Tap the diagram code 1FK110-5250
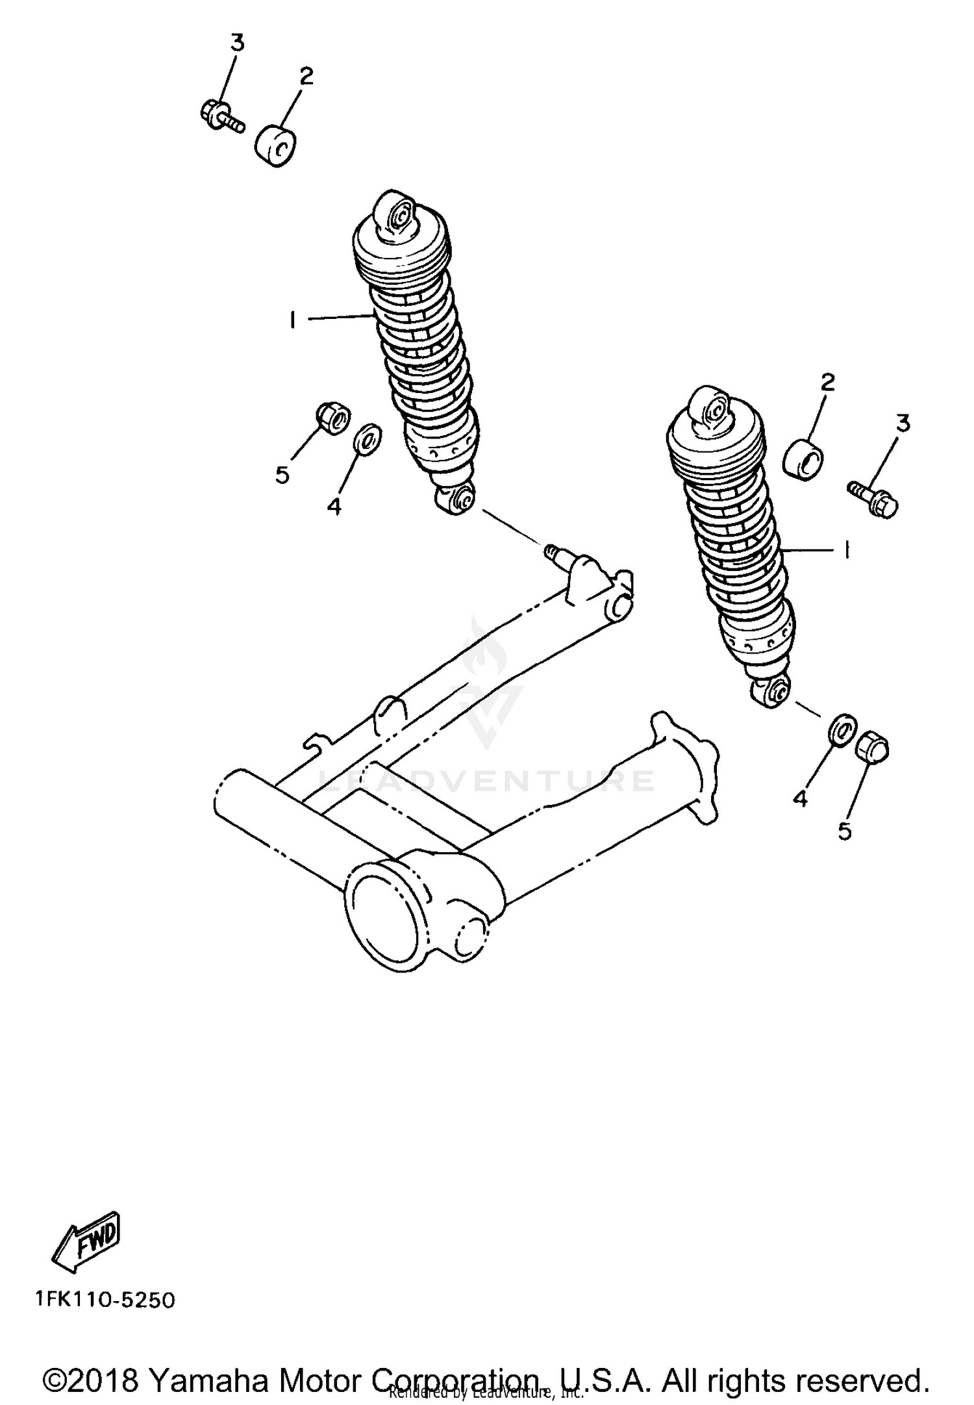tap(106, 1301)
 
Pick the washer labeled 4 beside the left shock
tap(368, 438)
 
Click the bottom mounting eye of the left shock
tap(455, 500)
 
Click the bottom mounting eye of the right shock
tap(772, 692)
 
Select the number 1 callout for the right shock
tap(847, 550)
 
